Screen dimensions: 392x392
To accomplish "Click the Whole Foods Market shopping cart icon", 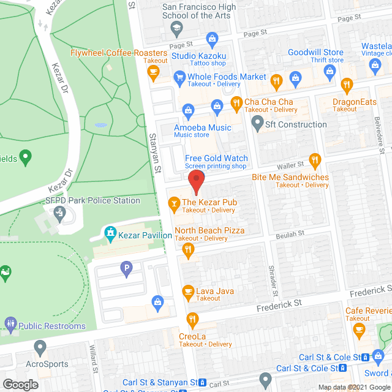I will coord(179,77).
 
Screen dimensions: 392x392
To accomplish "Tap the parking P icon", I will coord(127,267).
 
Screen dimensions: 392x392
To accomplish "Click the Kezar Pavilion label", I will coord(146,235).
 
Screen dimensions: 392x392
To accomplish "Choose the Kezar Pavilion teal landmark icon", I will coord(110,233).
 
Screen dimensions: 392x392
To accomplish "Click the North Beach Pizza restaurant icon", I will coord(189,249).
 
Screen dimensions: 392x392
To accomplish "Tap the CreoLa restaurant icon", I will coord(192,318).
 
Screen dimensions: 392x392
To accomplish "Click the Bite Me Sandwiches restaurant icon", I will coord(315,161).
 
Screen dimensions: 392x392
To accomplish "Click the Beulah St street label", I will coord(290,234).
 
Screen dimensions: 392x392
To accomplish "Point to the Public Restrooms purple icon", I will coord(10,323).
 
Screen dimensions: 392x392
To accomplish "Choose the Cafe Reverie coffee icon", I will coord(359,331).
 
